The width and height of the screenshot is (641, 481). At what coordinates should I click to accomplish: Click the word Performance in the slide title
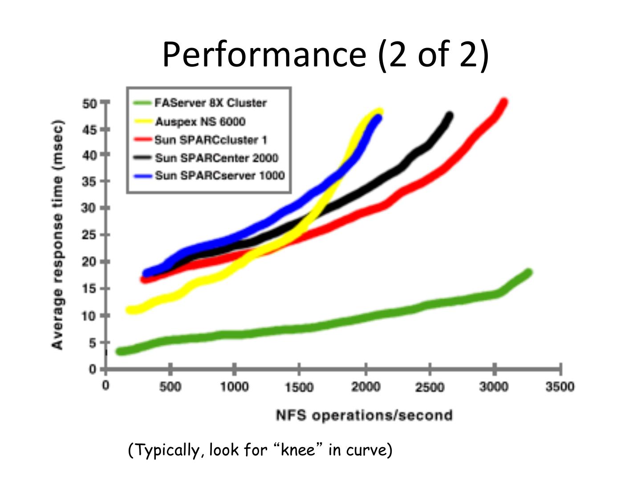click(264, 54)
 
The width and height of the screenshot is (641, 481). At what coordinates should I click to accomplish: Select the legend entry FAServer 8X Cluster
click(211, 103)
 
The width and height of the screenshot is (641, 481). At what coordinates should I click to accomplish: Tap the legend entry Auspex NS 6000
click(200, 122)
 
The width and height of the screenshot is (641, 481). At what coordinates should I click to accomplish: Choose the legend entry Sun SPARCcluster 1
click(211, 140)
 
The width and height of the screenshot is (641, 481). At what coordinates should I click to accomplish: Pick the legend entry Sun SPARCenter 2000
click(216, 158)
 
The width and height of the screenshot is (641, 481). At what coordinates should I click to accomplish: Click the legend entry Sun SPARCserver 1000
click(219, 175)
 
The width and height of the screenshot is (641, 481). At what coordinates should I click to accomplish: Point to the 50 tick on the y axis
click(89, 104)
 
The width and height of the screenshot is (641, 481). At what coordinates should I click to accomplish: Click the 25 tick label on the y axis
click(89, 235)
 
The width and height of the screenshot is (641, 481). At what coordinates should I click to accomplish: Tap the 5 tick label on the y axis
click(92, 343)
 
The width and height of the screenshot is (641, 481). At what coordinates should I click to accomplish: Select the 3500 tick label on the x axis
click(560, 387)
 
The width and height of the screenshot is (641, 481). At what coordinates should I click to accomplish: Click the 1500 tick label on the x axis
click(299, 387)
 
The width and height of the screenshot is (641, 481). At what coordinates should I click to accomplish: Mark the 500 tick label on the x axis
click(170, 387)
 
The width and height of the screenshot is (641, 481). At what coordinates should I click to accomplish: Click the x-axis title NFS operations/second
click(364, 416)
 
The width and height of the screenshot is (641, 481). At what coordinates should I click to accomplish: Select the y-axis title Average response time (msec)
click(58, 235)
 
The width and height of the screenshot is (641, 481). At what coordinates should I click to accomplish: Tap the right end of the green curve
click(529, 273)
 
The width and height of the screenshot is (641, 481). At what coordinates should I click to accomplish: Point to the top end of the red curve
click(504, 102)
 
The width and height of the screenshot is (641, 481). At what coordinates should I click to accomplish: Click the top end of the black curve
click(450, 116)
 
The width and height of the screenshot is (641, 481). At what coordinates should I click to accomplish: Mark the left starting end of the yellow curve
click(130, 310)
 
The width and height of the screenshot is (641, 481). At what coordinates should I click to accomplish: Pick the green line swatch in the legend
click(142, 103)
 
